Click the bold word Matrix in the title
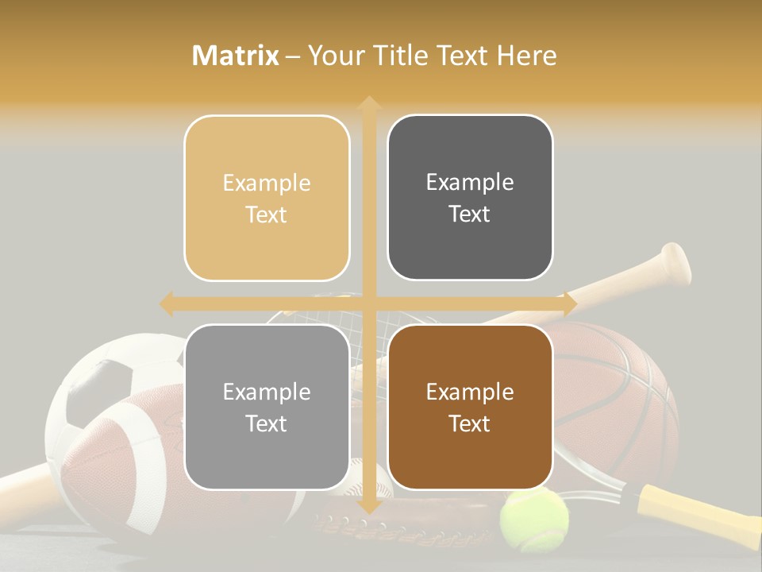(235, 56)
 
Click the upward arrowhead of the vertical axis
(368, 103)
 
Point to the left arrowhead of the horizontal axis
(167, 303)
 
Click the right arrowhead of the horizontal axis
(568, 303)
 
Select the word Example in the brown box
(470, 392)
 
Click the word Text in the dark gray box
(470, 214)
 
